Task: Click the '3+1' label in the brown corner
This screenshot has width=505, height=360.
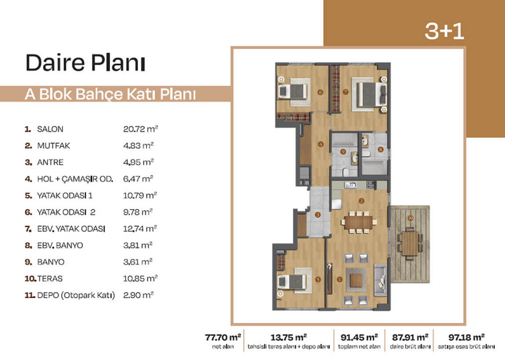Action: coord(444,31)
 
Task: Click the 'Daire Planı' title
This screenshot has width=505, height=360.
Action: coord(86,63)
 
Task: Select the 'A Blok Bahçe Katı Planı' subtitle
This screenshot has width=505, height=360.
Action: coord(110,94)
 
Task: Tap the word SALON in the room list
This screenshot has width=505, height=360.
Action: coord(50,129)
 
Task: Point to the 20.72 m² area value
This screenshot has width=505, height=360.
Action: coord(141,129)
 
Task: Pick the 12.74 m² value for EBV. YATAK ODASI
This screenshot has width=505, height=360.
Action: coord(140,228)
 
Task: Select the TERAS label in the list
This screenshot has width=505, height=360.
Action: coord(50,279)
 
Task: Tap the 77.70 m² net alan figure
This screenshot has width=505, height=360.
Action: coord(223,338)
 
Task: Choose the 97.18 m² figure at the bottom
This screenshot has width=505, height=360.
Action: coord(467,338)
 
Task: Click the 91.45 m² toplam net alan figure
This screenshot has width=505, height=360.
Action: coord(359,338)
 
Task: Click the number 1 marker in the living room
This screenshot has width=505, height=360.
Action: coord(339,279)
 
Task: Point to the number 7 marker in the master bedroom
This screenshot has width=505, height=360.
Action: coord(345,92)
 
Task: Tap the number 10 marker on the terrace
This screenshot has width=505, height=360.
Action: coord(410,218)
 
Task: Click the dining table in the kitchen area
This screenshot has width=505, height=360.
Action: coord(358,222)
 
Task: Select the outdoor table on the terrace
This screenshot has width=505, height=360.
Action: coord(410,243)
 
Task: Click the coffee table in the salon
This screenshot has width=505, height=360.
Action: coord(356,280)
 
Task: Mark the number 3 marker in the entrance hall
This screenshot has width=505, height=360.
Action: coord(318,215)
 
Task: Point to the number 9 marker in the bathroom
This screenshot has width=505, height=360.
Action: coord(343,152)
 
